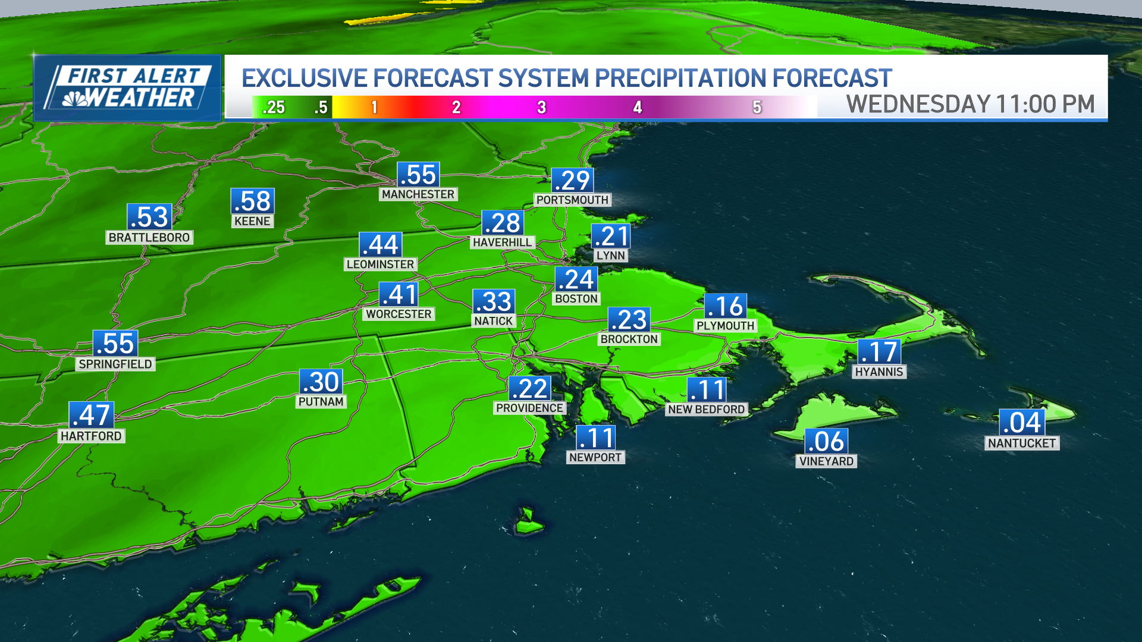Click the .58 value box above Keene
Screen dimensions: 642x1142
(x=253, y=202)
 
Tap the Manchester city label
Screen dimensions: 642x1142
(x=418, y=194)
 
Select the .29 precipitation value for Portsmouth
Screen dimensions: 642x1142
(x=572, y=181)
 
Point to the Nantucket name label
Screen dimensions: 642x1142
(x=1021, y=443)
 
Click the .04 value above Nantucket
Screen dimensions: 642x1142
(x=1021, y=423)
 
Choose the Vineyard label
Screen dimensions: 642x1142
(x=826, y=461)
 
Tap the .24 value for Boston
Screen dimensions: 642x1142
(x=576, y=279)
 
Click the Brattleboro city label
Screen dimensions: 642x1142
(x=149, y=238)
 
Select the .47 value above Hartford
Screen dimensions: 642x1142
(x=91, y=416)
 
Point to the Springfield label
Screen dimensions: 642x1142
(x=115, y=364)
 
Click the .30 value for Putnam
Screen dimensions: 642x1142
(x=321, y=382)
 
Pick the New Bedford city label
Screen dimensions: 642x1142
(x=706, y=410)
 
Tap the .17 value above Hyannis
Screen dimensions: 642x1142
(x=879, y=352)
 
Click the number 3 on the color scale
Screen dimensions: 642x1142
(x=541, y=108)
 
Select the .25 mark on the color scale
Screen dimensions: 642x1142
(x=274, y=108)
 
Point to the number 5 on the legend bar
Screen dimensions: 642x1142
(x=757, y=108)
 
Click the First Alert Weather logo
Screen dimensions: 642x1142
(x=127, y=88)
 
